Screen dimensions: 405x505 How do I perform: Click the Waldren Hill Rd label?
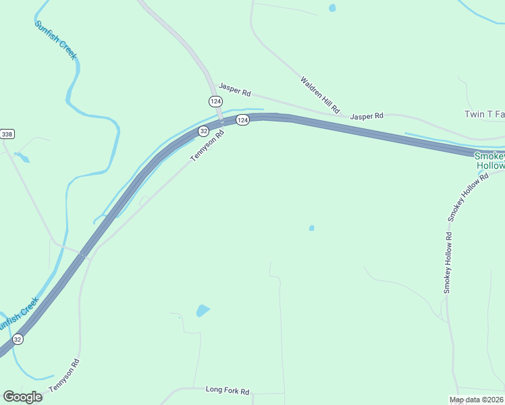point(321,94)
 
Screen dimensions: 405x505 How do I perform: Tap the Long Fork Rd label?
point(228,391)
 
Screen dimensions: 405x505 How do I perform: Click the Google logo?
point(22,397)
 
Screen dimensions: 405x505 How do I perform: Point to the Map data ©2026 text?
point(477,400)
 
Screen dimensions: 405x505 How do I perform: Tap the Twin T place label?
point(484,115)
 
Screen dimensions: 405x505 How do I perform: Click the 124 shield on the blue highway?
point(243,119)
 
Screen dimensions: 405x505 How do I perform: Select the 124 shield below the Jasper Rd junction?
point(215,101)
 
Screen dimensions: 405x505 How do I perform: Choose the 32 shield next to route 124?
point(203,132)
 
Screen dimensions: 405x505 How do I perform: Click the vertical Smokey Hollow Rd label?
point(447,263)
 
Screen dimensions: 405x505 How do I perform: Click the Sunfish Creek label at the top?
point(55,40)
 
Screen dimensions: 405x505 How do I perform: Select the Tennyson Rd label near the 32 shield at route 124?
point(207,146)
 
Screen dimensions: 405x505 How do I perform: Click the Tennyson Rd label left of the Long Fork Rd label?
point(64,376)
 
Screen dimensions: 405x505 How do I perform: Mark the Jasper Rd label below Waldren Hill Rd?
point(367,116)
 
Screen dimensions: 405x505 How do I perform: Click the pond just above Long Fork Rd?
point(203,310)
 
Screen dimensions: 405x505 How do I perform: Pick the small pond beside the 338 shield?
point(22,158)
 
